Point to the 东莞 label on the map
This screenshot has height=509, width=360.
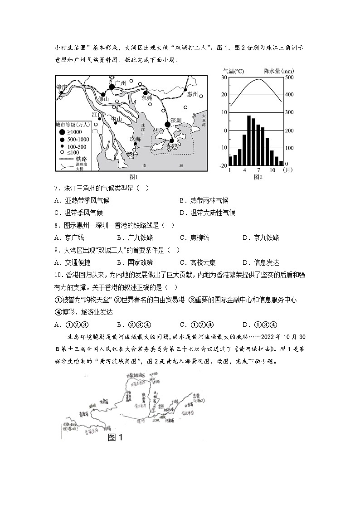(x=147, y=98)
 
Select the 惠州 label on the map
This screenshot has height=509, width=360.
(x=193, y=94)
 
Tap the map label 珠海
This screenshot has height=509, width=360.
(x=135, y=139)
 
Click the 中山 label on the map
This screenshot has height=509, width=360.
(x=117, y=119)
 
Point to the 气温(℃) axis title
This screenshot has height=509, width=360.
(x=233, y=71)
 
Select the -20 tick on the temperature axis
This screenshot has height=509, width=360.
(x=223, y=166)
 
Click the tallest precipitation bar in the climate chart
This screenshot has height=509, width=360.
(x=249, y=141)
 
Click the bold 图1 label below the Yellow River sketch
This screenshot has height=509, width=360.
(x=115, y=437)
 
